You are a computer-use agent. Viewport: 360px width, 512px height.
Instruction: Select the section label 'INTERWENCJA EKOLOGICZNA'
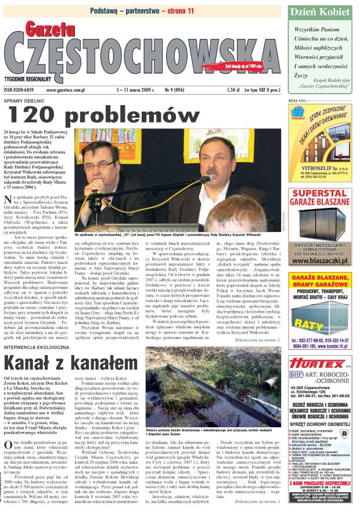click(37, 347)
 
